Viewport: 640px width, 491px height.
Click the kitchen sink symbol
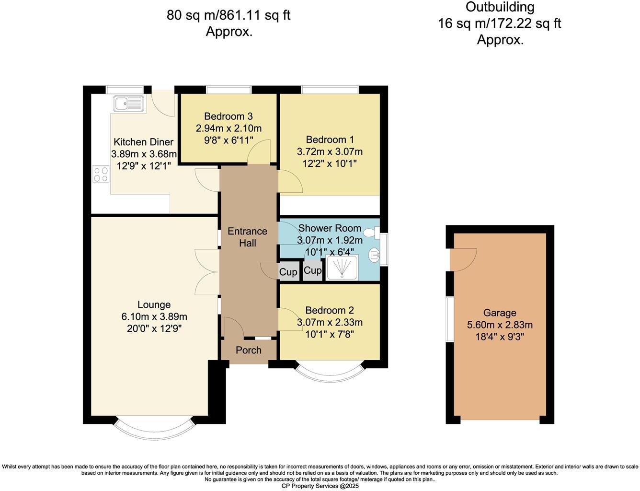click(x=128, y=103)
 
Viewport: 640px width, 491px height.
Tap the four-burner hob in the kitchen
click(x=101, y=174)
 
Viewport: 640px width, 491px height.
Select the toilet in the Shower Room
click(x=370, y=233)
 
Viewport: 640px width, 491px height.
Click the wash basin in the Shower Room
click(x=373, y=256)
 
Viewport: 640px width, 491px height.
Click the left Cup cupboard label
click(x=288, y=272)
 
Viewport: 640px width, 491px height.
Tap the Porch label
click(x=249, y=350)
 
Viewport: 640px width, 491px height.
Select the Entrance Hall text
click(x=247, y=237)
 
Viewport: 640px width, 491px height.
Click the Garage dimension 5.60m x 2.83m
click(x=500, y=325)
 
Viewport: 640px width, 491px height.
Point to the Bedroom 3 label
click(x=229, y=116)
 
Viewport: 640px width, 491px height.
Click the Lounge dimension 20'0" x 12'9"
click(x=154, y=328)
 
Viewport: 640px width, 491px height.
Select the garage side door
click(x=463, y=259)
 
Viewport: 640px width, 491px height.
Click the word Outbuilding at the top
click(x=500, y=7)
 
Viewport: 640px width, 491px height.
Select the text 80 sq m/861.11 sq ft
click(x=229, y=15)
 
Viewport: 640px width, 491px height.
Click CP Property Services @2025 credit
click(x=320, y=486)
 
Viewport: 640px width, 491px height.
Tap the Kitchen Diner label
click(x=143, y=142)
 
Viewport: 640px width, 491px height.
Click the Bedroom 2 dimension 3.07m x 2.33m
click(x=330, y=322)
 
